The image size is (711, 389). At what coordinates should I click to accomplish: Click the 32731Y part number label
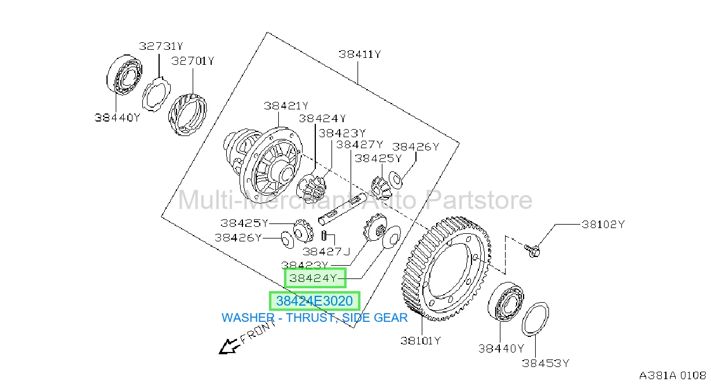[x=161, y=46]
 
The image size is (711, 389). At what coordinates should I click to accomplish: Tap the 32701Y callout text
[x=193, y=61]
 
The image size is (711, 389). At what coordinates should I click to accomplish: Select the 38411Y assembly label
[x=360, y=54]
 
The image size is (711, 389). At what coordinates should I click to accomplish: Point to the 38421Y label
[x=286, y=106]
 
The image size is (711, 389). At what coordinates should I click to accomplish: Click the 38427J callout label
[x=326, y=252]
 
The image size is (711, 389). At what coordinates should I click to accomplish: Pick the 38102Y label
[x=603, y=225]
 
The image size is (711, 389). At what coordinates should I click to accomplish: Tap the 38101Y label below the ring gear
[x=421, y=341]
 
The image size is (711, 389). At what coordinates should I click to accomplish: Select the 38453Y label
[x=546, y=363]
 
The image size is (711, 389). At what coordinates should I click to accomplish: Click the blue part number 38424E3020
[x=314, y=300]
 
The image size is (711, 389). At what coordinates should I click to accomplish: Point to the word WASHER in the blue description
[x=248, y=318]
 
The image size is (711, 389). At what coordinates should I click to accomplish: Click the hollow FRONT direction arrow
[x=228, y=347]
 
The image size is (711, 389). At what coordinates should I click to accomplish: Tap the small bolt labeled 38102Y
[x=533, y=251]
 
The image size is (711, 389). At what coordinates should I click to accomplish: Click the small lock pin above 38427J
[x=324, y=235]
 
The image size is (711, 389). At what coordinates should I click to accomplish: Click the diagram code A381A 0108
[x=672, y=376]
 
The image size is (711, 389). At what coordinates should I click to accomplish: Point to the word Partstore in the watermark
[x=478, y=201]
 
